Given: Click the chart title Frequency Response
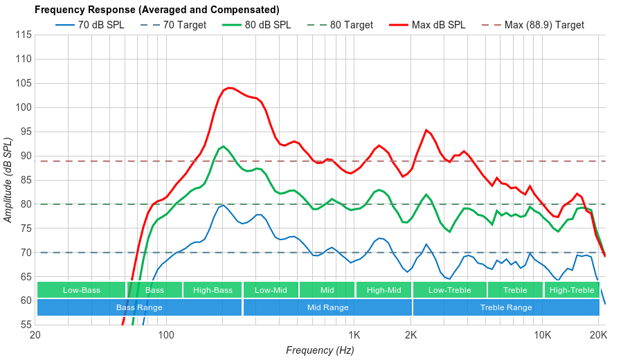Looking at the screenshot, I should coord(156,10).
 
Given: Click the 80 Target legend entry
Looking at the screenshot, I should coord(351,25).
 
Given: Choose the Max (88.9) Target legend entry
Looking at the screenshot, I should coord(544,25).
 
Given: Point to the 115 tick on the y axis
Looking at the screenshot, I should coord(23,35).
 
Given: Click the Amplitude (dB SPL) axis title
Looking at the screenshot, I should coord(8,180).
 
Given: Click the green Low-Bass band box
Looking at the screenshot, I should coord(81,290).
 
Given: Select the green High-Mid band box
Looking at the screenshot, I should coord(383,290).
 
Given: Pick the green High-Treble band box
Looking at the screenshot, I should coord(571,290).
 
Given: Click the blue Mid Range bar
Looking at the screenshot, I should coord(327,307).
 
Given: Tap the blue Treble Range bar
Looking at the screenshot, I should coord(505,307).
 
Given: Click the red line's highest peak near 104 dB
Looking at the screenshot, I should coord(229,88).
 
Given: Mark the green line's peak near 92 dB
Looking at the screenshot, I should coord(222,146).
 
